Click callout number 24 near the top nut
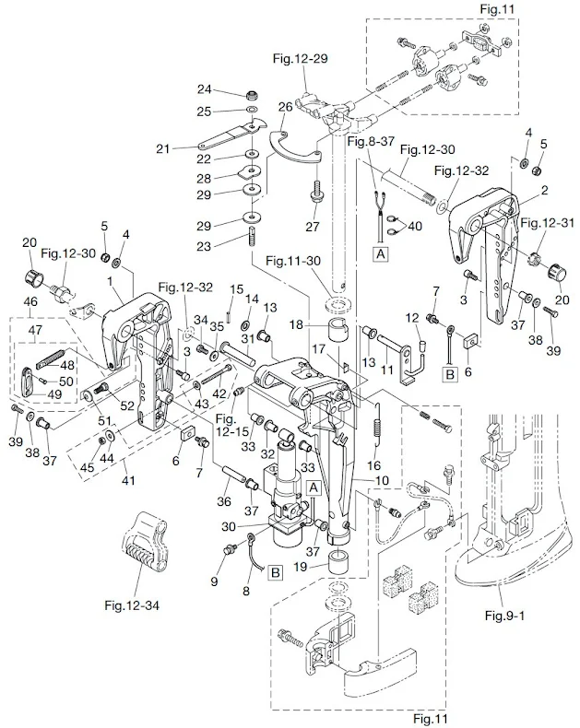(206, 89)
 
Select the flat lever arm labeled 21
(226, 137)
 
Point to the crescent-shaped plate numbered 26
(292, 147)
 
